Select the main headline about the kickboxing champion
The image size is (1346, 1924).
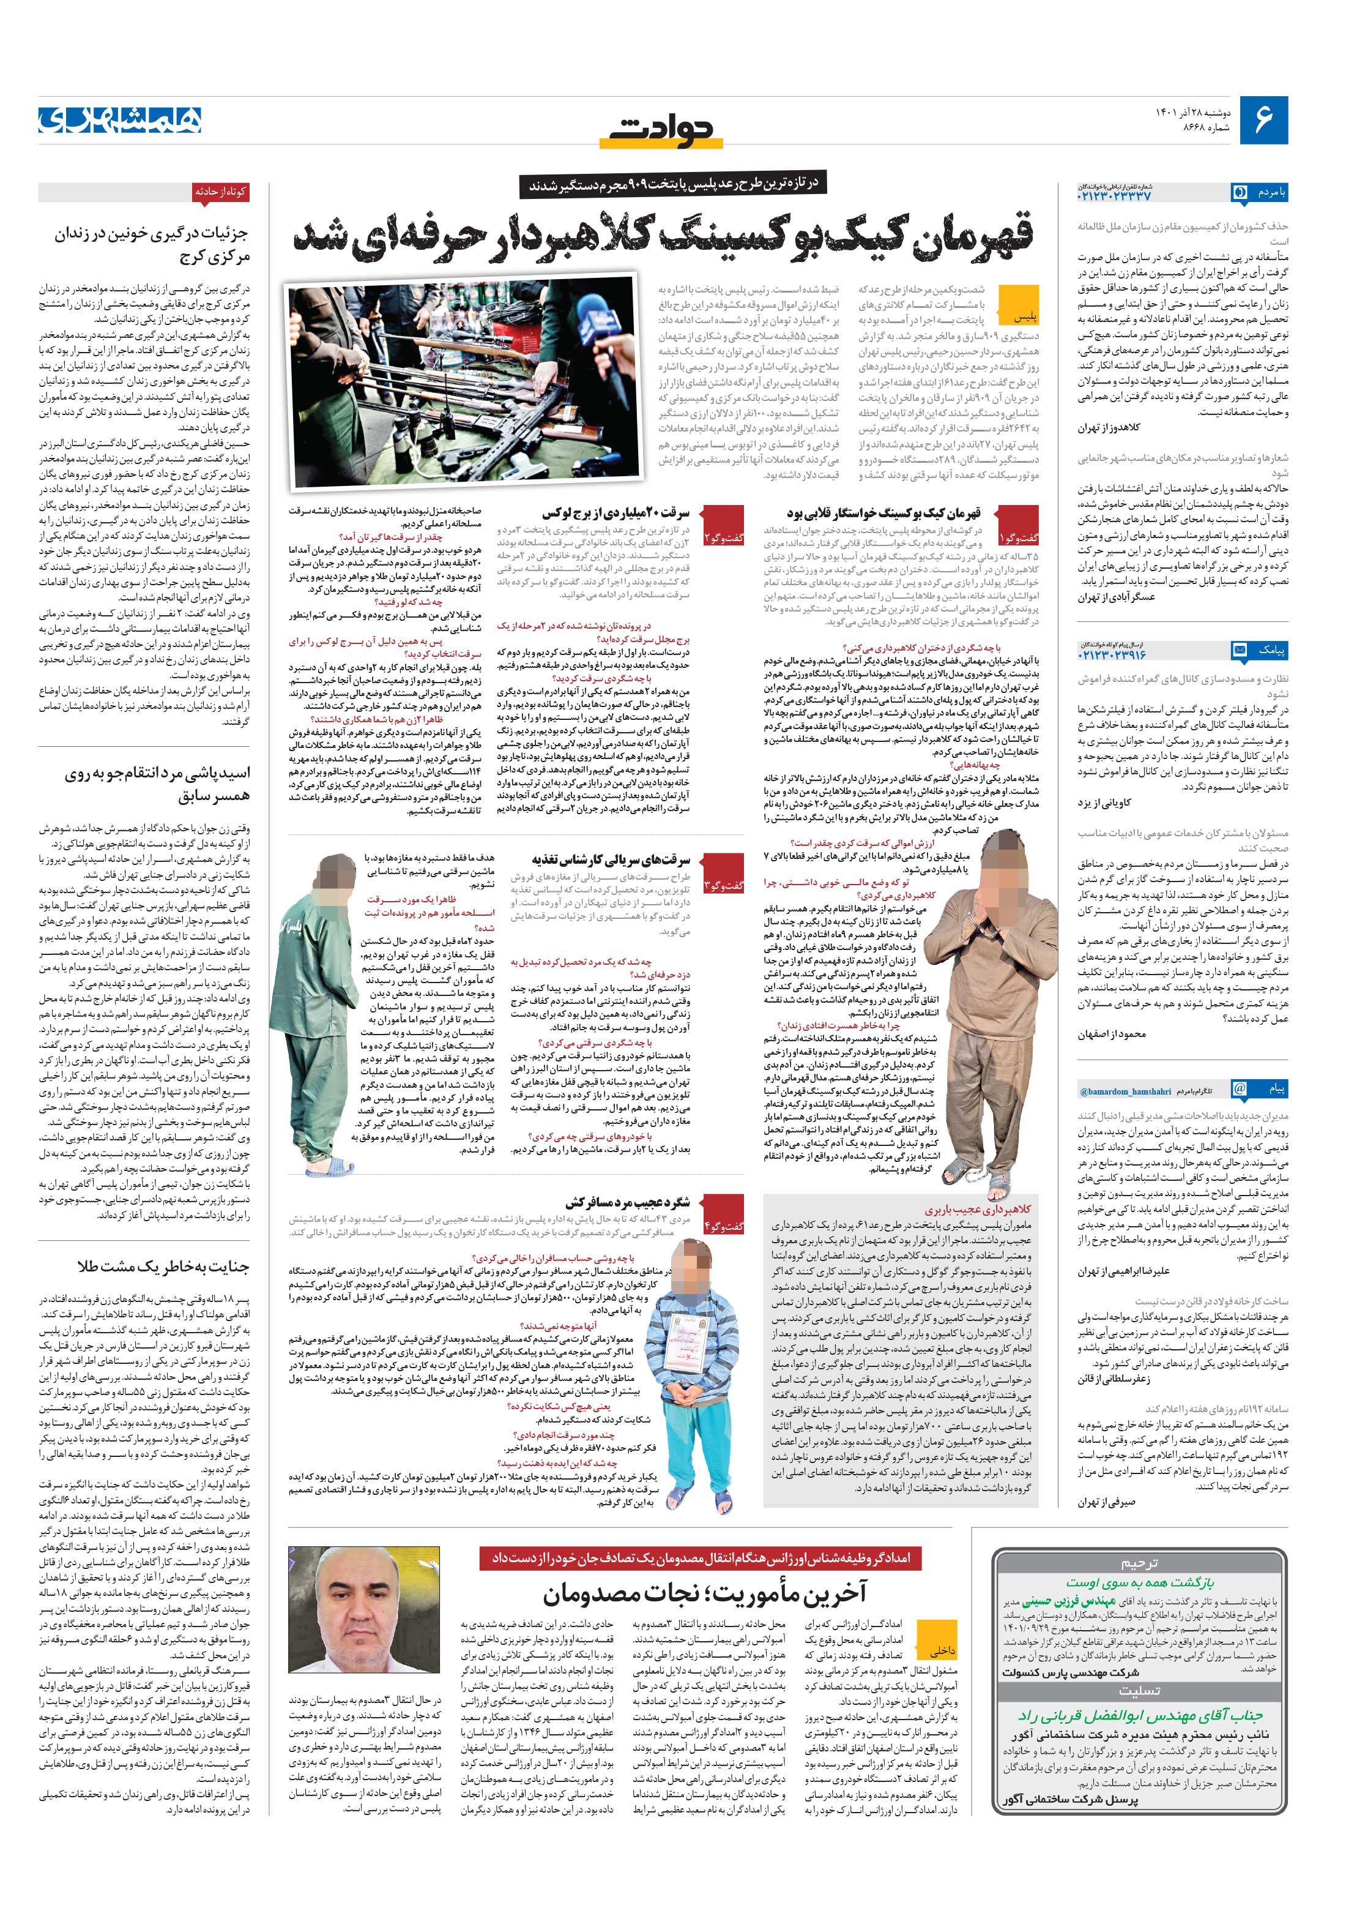[666, 237]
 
